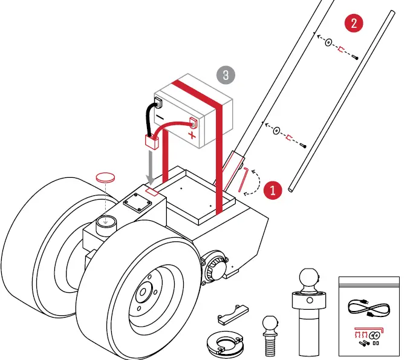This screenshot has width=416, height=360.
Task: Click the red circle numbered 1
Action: click(273, 189)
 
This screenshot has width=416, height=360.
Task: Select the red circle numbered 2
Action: click(353, 24)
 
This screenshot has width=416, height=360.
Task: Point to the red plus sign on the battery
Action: click(192, 134)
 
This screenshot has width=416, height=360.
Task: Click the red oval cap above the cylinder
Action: click(106, 177)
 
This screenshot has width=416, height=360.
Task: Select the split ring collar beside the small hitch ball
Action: click(224, 344)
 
